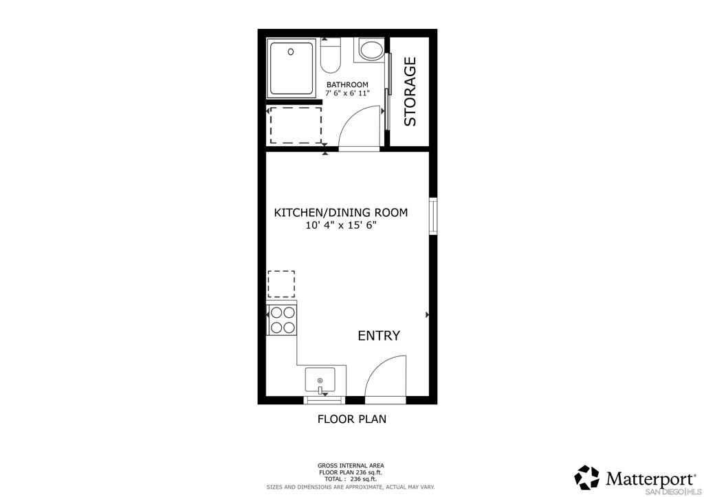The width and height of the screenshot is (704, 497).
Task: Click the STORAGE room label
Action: (x=410, y=91)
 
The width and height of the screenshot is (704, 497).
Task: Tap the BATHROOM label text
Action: (x=347, y=85)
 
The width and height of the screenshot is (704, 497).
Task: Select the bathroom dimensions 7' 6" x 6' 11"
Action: (x=347, y=93)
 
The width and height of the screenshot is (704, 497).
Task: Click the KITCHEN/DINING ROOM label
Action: (x=340, y=213)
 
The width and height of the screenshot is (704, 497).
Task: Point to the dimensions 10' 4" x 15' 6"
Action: (x=341, y=226)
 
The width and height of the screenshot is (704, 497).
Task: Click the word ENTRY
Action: (x=379, y=336)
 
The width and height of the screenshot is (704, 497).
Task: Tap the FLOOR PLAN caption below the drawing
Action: (x=351, y=419)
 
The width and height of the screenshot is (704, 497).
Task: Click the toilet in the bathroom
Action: (x=331, y=56)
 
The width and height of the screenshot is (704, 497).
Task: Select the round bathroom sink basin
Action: (x=372, y=50)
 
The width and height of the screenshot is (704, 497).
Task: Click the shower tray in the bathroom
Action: (x=292, y=69)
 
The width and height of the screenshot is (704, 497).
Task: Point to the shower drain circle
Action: (x=291, y=51)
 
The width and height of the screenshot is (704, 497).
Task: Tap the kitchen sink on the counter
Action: (x=320, y=380)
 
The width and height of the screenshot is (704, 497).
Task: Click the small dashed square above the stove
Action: (x=280, y=284)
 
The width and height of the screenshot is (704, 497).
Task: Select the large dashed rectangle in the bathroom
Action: (x=296, y=124)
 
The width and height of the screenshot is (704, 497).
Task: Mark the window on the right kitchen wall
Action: (x=433, y=216)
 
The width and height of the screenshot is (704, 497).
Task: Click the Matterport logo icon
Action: (x=586, y=477)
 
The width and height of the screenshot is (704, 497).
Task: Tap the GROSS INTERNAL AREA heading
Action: (x=351, y=465)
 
